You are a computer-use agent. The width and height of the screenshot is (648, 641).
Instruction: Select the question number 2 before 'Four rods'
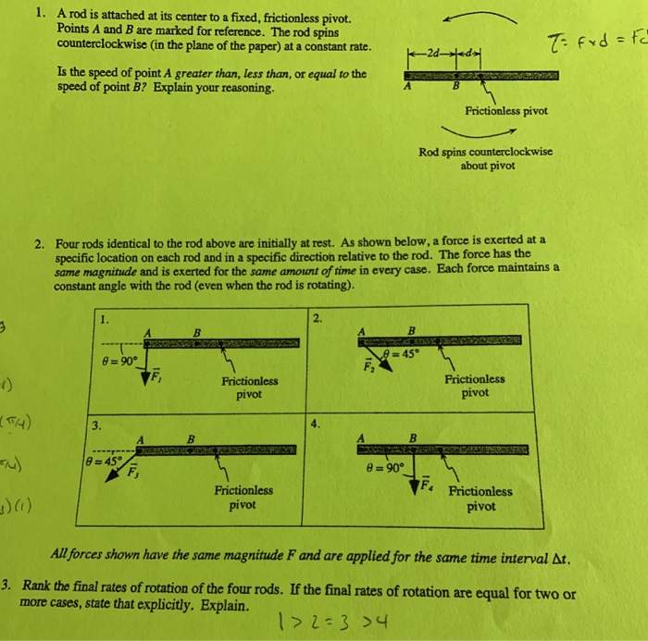[x=40, y=243]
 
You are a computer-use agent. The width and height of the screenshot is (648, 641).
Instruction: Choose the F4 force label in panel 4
[x=428, y=483]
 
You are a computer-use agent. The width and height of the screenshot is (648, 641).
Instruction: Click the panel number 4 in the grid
[x=317, y=425]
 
